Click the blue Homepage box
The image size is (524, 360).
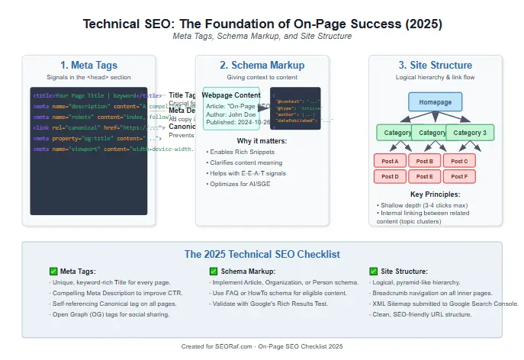(436, 102)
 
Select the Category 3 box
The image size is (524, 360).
(470, 133)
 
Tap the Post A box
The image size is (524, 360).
(390, 161)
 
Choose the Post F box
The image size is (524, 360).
(460, 176)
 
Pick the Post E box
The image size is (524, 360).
(425, 176)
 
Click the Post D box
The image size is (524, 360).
(390, 176)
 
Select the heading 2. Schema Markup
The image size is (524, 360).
(262, 66)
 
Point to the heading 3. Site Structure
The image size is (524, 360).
(436, 66)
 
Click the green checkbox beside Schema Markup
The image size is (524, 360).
(214, 271)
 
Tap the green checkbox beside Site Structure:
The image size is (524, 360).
(374, 271)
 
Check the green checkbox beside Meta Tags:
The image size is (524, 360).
(53, 271)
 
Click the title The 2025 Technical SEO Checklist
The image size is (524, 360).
(262, 254)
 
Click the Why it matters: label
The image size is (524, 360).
(262, 140)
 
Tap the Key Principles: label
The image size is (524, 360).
(436, 195)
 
